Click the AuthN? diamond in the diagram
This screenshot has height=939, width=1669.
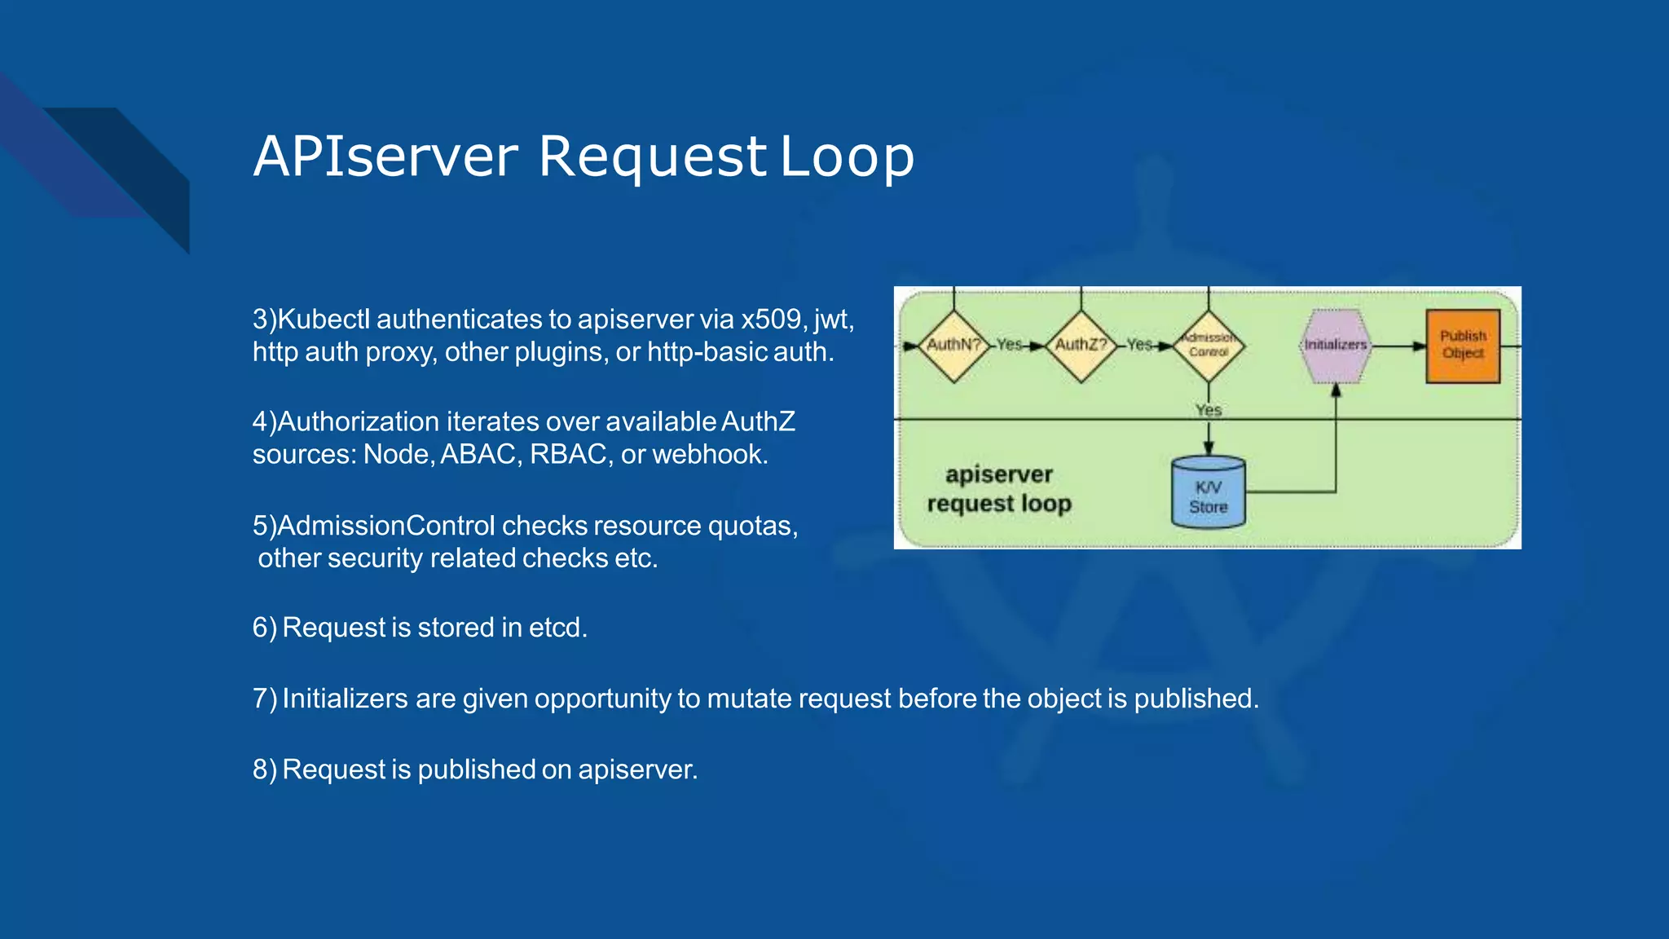(x=953, y=346)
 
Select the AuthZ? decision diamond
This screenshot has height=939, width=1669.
(x=1081, y=346)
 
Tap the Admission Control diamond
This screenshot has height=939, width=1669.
(x=1209, y=346)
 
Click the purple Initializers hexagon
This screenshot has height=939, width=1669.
(x=1335, y=346)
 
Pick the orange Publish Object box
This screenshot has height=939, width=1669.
(x=1463, y=346)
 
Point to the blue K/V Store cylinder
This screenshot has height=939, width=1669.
(x=1208, y=493)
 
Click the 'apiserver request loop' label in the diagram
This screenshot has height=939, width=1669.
(x=999, y=489)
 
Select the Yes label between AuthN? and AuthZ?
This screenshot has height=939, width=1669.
(x=1009, y=345)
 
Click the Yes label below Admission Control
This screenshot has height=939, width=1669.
(x=1209, y=409)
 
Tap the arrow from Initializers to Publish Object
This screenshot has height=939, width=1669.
(x=1398, y=346)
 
